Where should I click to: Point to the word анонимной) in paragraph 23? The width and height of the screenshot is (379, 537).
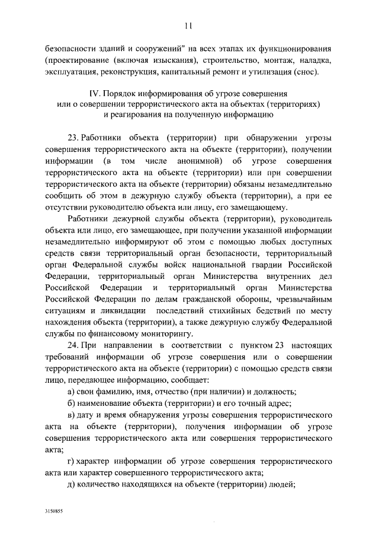(201, 161)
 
